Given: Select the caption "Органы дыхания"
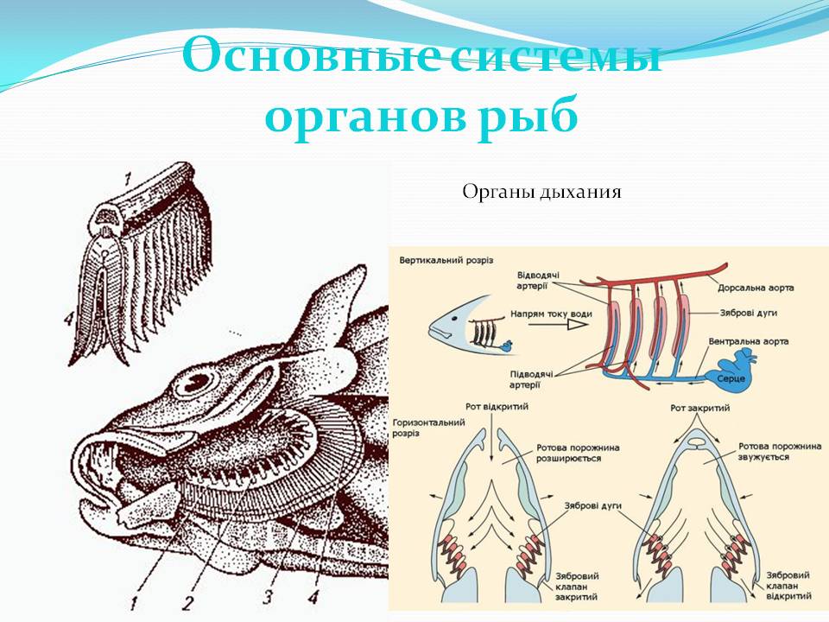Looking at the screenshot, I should click(x=541, y=191).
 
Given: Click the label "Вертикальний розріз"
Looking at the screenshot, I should click(x=440, y=259).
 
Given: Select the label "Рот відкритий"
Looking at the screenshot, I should click(x=497, y=406).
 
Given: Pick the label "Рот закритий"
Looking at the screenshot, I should click(x=696, y=407).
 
